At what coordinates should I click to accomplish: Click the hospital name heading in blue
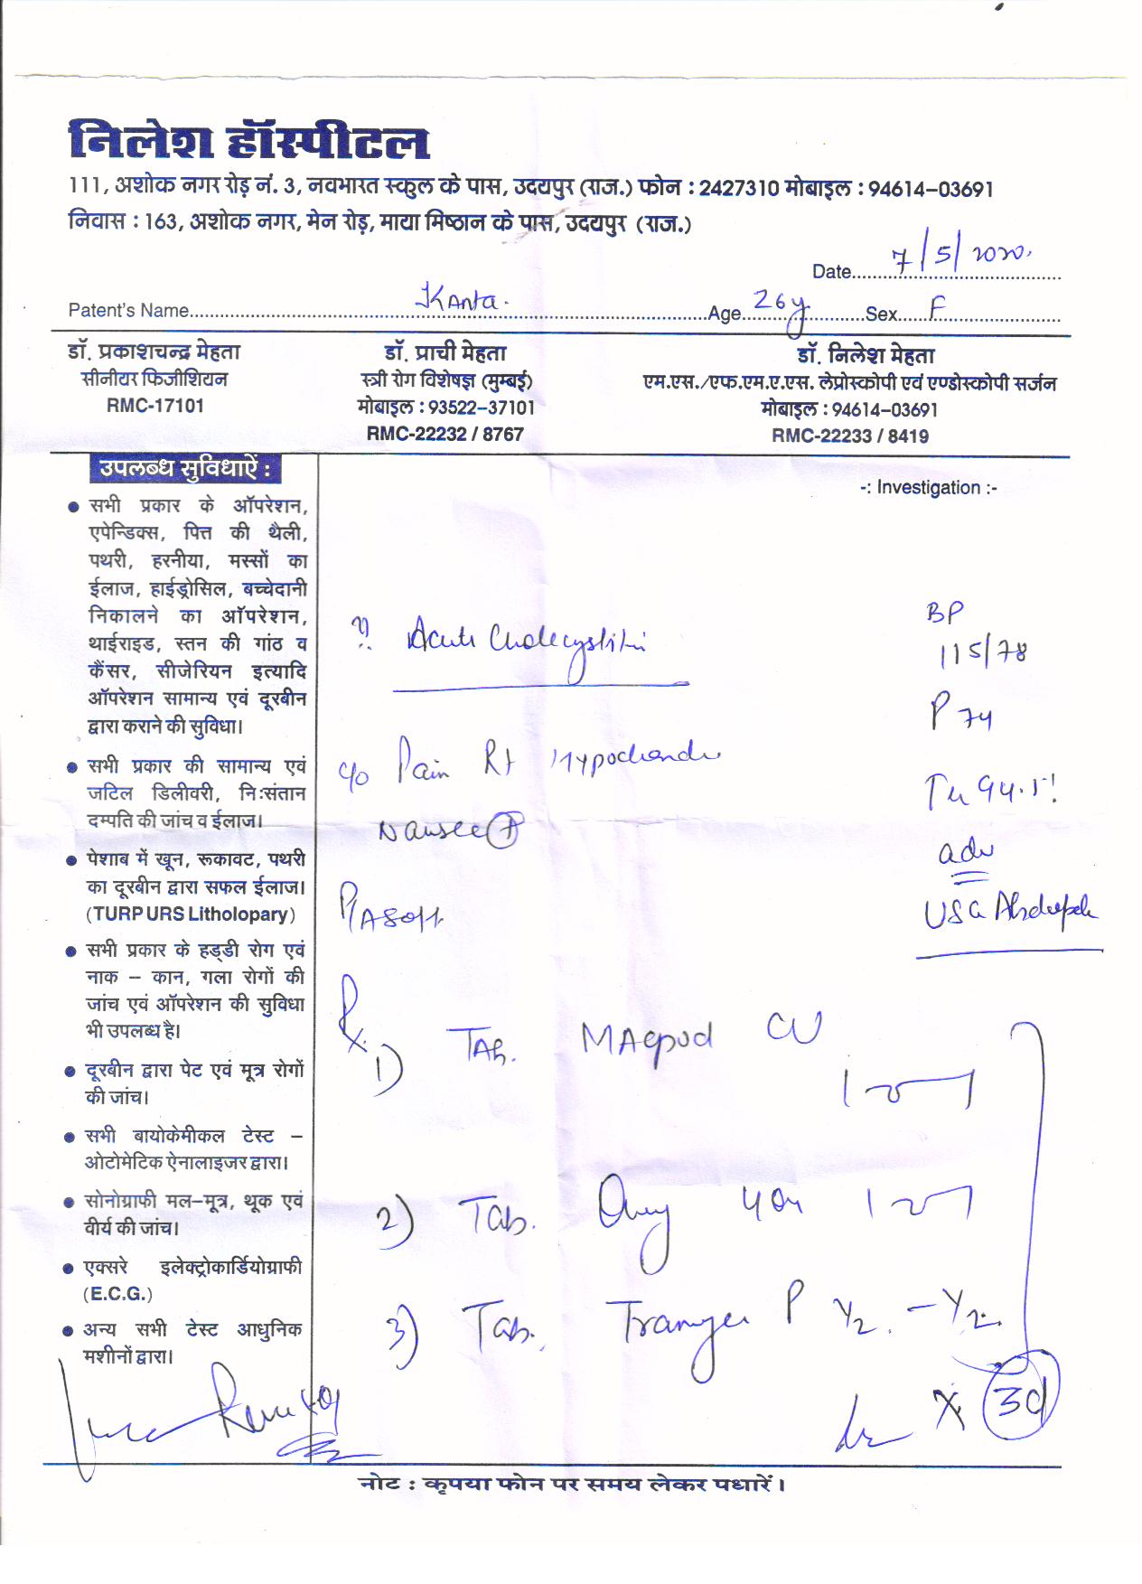click(x=248, y=143)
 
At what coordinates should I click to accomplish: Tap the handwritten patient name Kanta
click(x=457, y=300)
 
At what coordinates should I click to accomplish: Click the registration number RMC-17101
click(x=154, y=406)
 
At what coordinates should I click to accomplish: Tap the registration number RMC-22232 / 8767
click(x=445, y=434)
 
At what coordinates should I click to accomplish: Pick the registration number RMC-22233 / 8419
click(x=849, y=436)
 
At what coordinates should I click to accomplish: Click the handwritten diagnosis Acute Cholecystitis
click(x=523, y=642)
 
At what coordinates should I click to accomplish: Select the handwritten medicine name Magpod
click(x=646, y=1039)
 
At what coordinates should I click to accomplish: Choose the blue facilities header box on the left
click(x=184, y=469)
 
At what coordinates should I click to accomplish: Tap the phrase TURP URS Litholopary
click(x=190, y=914)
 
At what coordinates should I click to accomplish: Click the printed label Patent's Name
click(x=128, y=311)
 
